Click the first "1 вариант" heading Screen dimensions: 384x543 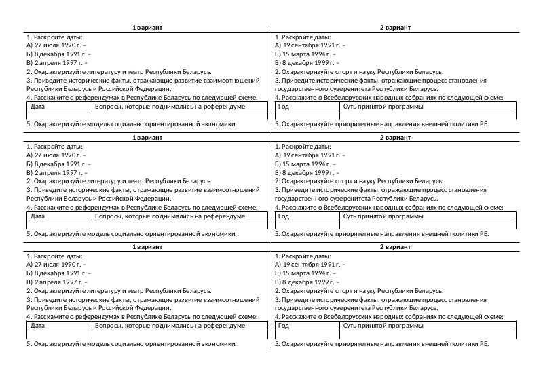coord(147,28)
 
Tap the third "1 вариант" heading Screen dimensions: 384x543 coord(147,248)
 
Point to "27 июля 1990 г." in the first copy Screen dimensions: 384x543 coord(57,45)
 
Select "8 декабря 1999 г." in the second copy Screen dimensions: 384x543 coord(305,172)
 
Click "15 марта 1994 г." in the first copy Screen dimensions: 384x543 coord(305,54)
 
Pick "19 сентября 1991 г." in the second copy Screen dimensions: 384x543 coord(310,155)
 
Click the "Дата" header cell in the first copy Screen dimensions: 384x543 coord(38,107)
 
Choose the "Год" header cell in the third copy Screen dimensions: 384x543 coord(284,326)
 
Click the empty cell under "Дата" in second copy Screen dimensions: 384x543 coord(58,225)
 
